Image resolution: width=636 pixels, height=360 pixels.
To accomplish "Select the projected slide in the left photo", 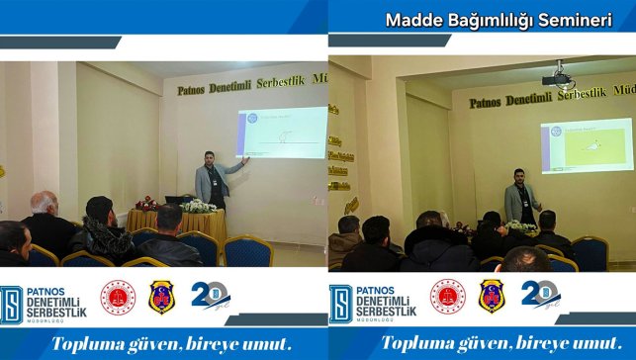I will pyautogui.click(x=281, y=133).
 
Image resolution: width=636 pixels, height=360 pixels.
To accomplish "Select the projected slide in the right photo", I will pyautogui.click(x=586, y=145).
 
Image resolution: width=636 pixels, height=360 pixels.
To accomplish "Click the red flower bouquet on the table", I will pyautogui.click(x=146, y=203).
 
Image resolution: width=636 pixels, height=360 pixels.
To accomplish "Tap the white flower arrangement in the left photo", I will pyautogui.click(x=200, y=206).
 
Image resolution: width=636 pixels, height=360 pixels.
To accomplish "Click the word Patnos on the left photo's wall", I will pyautogui.click(x=198, y=89).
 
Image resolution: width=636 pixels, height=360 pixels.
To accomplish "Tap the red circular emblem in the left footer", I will pyautogui.click(x=118, y=297).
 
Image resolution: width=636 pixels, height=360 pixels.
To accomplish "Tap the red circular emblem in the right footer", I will pyautogui.click(x=447, y=297).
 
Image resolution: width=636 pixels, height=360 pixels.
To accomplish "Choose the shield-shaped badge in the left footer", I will pyautogui.click(x=162, y=297).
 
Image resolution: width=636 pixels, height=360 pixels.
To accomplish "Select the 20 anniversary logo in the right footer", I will pyautogui.click(x=540, y=296).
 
